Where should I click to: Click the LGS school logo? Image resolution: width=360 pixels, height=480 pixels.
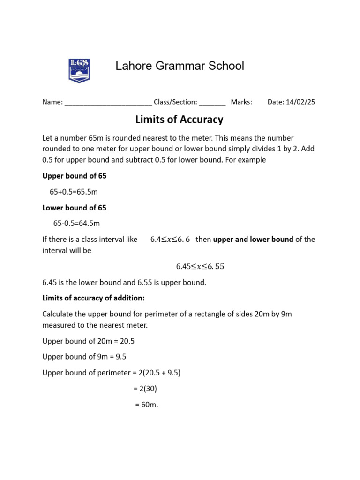coord(79,70)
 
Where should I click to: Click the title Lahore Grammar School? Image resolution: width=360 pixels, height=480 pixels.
coord(180,66)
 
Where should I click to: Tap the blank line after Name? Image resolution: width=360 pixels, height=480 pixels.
coord(108,102)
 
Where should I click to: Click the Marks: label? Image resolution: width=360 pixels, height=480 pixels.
coord(241,102)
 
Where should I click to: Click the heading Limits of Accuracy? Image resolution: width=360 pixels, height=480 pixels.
coord(179,120)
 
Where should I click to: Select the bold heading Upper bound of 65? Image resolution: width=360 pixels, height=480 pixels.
coord(75,176)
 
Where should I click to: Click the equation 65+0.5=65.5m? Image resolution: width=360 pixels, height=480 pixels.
coord(74,192)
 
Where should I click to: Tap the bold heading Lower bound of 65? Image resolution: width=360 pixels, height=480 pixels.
coord(75,208)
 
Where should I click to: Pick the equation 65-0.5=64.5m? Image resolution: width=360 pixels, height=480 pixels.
coord(76,224)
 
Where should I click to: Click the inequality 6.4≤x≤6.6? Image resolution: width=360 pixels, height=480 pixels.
coord(170,240)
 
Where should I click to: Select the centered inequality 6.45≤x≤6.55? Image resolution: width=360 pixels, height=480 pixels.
coord(200,267)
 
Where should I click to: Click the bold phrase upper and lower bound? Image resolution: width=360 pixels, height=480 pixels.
coord(253,240)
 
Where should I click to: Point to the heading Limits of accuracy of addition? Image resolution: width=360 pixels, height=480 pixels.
coord(94,298)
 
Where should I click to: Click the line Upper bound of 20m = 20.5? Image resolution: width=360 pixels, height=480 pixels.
coord(89,341)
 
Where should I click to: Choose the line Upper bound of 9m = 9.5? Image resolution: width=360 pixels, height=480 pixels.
coord(84,357)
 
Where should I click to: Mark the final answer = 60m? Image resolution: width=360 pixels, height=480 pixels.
coord(146,405)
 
